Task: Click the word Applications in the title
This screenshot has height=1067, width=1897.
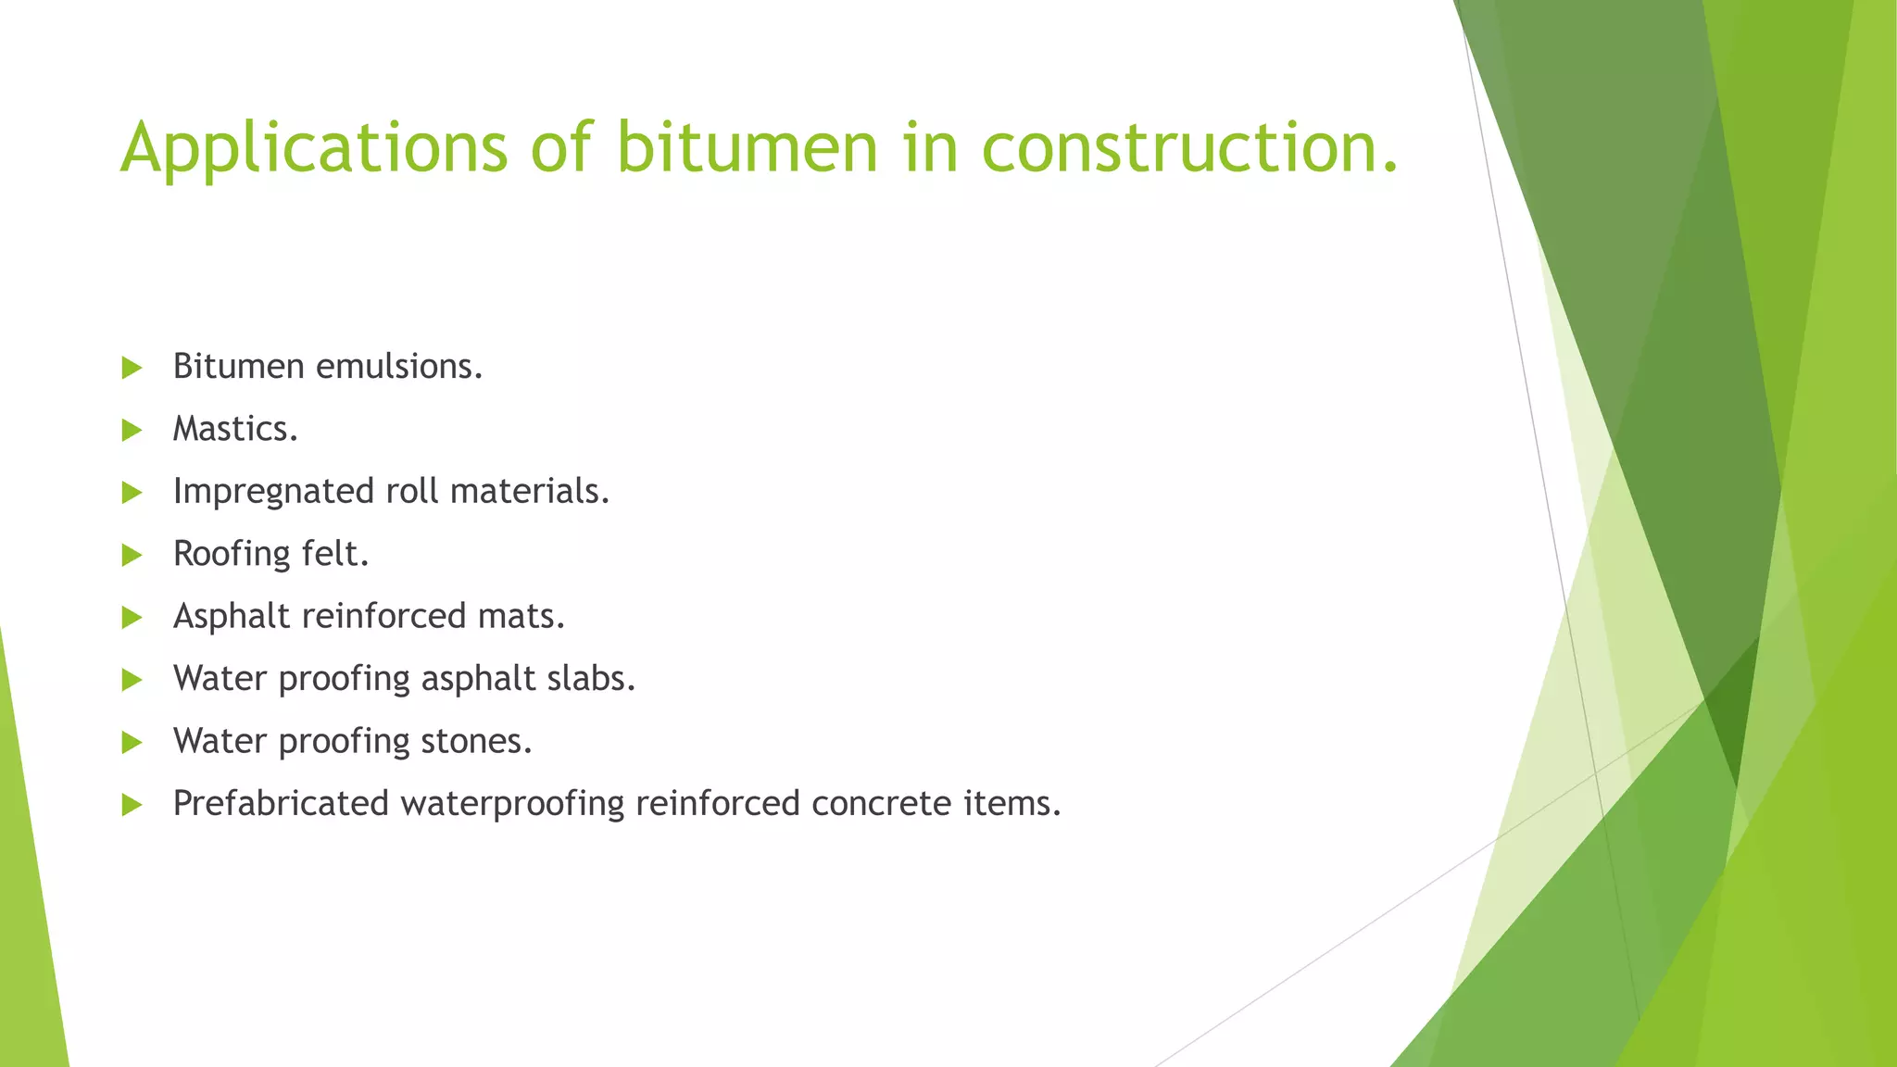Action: [314, 148]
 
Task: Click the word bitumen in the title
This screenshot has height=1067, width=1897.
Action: [747, 148]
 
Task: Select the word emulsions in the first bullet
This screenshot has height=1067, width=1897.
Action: [399, 367]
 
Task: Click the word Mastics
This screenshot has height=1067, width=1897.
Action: [235, 429]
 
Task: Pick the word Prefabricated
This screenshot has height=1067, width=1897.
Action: [281, 803]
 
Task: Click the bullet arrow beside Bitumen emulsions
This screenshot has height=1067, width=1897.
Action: [132, 368]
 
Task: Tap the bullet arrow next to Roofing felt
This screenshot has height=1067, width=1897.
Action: [132, 555]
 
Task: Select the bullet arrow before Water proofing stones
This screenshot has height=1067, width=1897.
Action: [132, 742]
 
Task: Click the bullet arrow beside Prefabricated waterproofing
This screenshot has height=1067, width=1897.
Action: [132, 805]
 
